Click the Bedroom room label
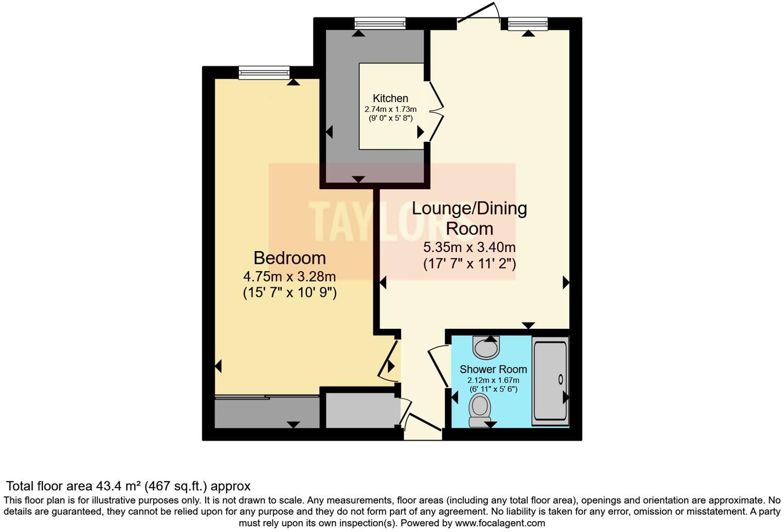tap(289, 258)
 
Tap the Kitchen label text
tap(390, 98)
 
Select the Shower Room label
tap(493, 369)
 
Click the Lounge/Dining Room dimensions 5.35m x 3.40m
tap(469, 247)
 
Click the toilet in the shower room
tap(480, 409)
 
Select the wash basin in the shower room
tap(486, 347)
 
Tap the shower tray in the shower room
tap(550, 381)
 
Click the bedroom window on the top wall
tap(264, 73)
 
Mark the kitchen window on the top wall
tap(380, 23)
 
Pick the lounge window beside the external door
tap(528, 24)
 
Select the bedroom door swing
tap(388, 360)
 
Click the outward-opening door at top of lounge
tap(478, 13)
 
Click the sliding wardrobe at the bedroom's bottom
tap(267, 412)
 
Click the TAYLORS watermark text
tap(392, 221)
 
